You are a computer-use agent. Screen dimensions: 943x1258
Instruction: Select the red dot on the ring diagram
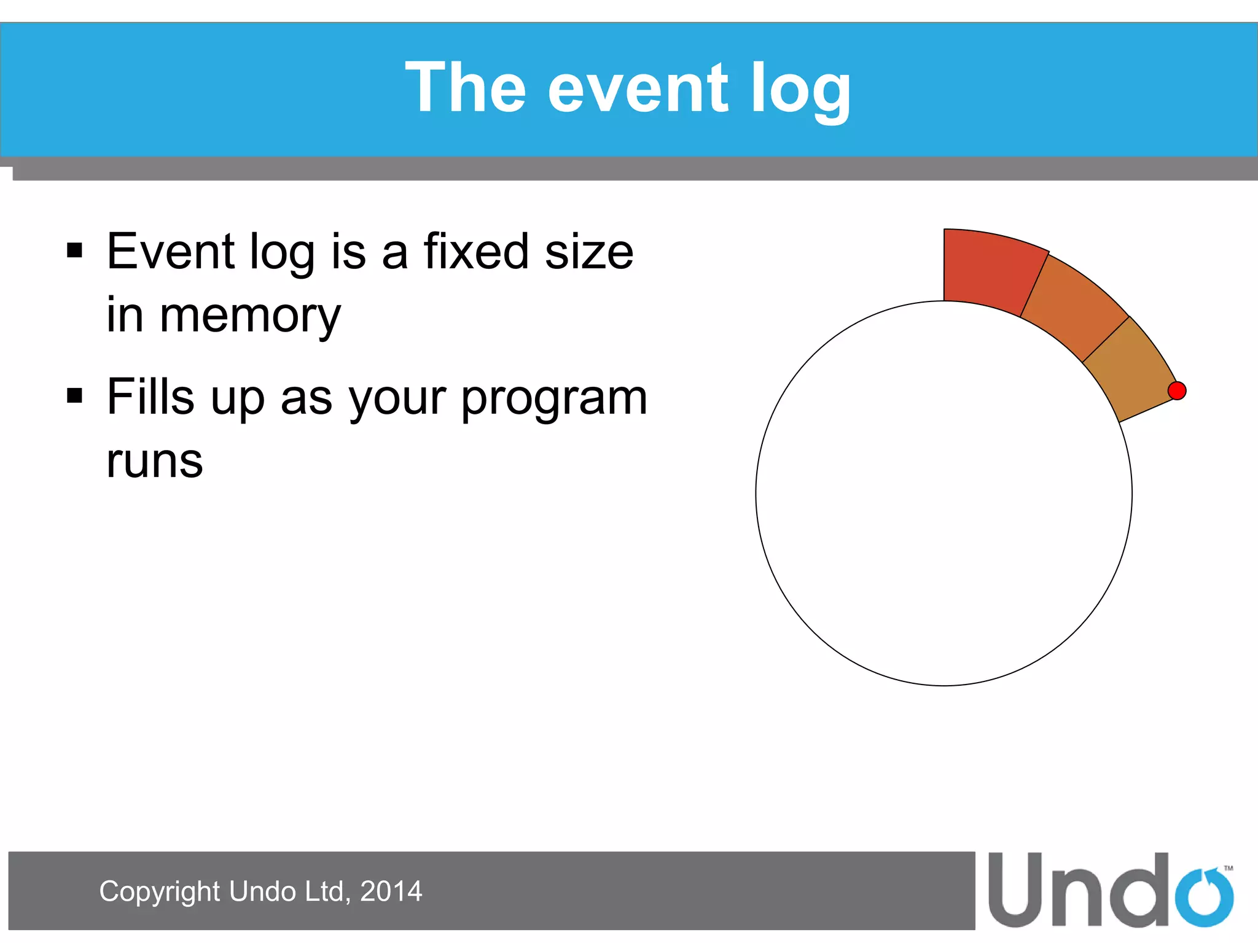coord(1176,390)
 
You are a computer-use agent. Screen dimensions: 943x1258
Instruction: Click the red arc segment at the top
coord(989,270)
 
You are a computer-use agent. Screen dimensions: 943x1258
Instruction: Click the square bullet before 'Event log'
coord(75,250)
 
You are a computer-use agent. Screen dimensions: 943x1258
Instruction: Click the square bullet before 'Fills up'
coord(75,396)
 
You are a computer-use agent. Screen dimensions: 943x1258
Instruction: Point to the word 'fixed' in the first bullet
coord(476,252)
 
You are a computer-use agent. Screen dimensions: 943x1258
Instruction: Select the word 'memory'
coord(250,316)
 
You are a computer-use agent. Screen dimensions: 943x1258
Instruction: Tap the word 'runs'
coord(154,462)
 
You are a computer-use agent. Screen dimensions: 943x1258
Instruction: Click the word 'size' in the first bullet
coord(588,252)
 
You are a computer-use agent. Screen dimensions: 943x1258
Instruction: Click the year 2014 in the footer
coord(391,891)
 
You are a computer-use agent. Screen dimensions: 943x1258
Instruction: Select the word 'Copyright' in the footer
coord(160,891)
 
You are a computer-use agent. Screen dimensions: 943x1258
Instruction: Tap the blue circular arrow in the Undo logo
coord(1204,896)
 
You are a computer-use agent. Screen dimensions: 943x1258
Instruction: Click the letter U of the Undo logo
coord(1017,890)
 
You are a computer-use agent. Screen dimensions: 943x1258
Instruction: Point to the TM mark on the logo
coord(1228,868)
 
